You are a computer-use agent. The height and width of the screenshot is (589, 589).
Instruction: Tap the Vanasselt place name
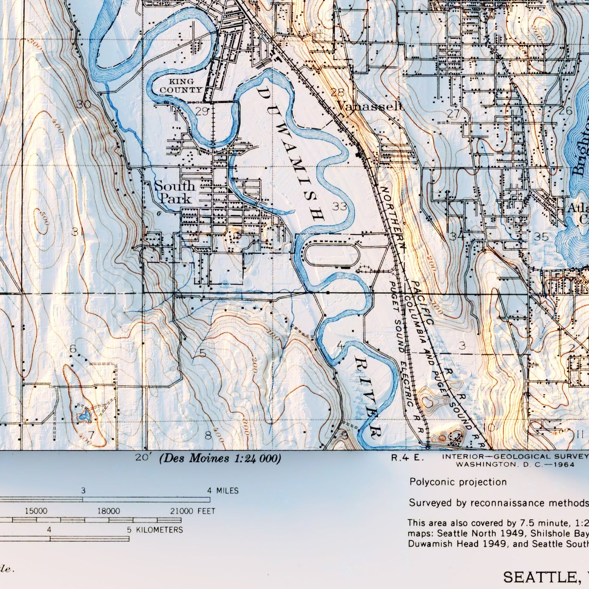[x=370, y=107]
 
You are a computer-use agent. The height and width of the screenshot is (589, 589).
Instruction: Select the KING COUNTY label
[x=181, y=86]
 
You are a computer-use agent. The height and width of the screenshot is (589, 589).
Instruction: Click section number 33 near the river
[x=340, y=206]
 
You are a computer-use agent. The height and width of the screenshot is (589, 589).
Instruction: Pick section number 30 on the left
[x=84, y=105]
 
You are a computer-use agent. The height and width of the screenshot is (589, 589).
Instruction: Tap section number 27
[x=453, y=114]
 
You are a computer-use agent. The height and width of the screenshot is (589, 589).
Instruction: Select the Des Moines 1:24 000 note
[x=220, y=459]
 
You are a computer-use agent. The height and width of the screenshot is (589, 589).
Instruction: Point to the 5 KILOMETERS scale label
[x=155, y=530]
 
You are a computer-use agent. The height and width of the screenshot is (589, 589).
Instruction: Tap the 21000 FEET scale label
[x=192, y=511]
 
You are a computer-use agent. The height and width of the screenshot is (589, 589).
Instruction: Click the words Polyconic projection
[x=458, y=482]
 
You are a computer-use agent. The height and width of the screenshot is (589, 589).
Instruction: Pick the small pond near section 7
[x=84, y=416]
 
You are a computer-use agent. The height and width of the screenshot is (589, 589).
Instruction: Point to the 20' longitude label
[x=142, y=458]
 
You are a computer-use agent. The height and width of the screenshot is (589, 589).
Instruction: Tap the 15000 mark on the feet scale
[x=36, y=511]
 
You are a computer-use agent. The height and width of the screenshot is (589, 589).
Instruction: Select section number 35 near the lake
[x=541, y=237]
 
